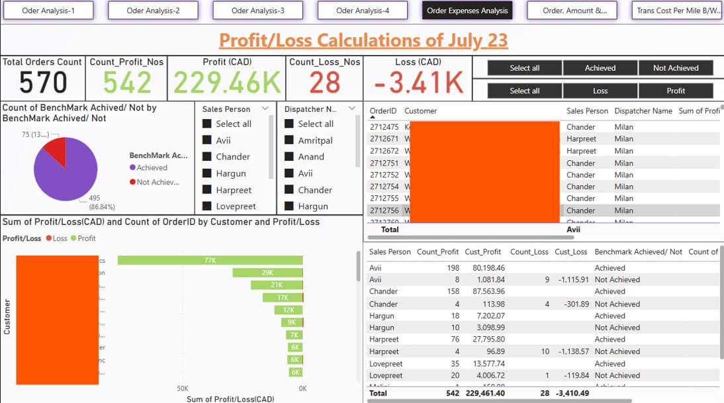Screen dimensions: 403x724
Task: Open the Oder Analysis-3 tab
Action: tap(258, 11)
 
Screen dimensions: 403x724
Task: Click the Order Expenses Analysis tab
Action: tap(467, 11)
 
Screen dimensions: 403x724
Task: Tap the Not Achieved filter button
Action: tap(676, 68)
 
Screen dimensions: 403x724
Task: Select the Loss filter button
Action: tap(600, 91)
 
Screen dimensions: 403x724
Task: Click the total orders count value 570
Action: tap(43, 83)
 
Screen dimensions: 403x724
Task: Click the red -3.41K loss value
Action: tap(418, 83)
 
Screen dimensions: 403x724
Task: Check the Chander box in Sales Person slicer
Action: tap(207, 157)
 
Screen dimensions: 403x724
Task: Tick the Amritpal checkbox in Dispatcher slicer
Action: tap(289, 140)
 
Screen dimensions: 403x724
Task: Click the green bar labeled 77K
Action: tap(210, 261)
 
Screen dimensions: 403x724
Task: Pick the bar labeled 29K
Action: tap(267, 273)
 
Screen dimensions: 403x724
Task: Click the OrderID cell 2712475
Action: tap(385, 127)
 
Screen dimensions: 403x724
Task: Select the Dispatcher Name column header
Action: tap(643, 111)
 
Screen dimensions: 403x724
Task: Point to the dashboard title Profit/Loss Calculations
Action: tap(363, 40)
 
